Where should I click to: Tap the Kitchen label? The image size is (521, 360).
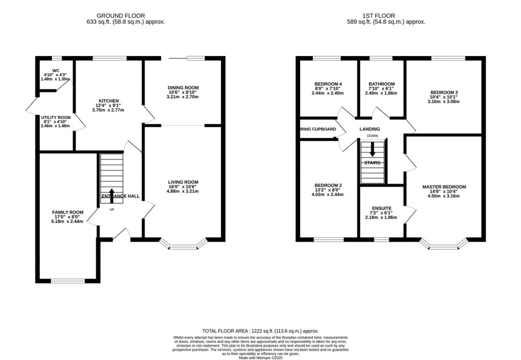coord(109,101)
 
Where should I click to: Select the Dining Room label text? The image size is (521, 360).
coord(183,88)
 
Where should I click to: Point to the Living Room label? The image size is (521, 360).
coord(183,182)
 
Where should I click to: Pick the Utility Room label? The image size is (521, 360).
coord(55,117)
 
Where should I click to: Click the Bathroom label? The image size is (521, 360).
coord(382,84)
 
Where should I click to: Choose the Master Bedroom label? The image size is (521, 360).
coord(444,187)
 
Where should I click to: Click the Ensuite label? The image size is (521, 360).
coord(382,208)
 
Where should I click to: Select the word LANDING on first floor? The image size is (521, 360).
coord(369,129)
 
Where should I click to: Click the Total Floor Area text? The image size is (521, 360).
coord(260,331)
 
